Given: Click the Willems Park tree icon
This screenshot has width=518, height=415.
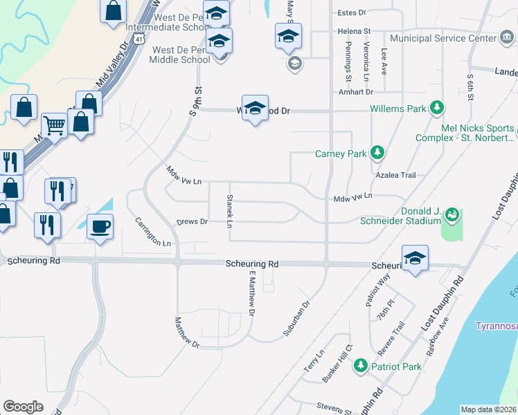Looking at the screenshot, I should [436, 108].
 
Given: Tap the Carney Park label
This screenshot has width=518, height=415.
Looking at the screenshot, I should [340, 154].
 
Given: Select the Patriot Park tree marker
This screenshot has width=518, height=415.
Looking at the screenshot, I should [359, 365].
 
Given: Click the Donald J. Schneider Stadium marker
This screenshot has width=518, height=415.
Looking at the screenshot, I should [452, 215].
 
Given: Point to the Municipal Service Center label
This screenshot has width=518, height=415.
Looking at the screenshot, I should [443, 38].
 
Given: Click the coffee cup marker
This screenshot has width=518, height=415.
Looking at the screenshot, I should [100, 227].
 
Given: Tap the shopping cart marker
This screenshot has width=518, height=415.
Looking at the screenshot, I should [54, 126].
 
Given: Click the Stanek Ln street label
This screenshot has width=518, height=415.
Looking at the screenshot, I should [229, 211].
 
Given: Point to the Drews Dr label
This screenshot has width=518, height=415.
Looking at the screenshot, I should [193, 222].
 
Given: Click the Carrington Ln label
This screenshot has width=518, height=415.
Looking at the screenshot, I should [152, 232].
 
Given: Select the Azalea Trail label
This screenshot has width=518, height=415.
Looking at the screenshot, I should [395, 176].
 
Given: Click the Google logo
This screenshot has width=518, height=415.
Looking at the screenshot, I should [23, 407].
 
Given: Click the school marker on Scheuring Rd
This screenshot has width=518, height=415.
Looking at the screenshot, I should [415, 259].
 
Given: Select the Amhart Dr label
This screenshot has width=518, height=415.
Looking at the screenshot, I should [356, 92].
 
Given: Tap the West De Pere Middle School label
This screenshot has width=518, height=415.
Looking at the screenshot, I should [181, 55].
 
